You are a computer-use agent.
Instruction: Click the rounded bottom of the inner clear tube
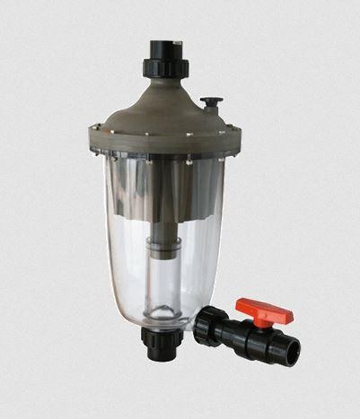click(164, 314)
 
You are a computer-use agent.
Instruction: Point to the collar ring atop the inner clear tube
click(164, 257)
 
